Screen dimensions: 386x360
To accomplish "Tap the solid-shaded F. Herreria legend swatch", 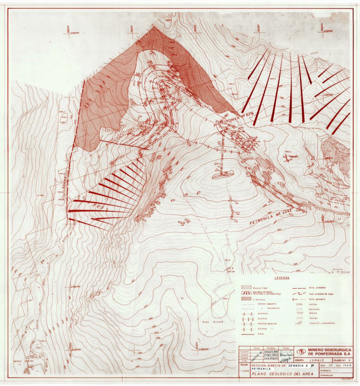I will click(x=247, y=297).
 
